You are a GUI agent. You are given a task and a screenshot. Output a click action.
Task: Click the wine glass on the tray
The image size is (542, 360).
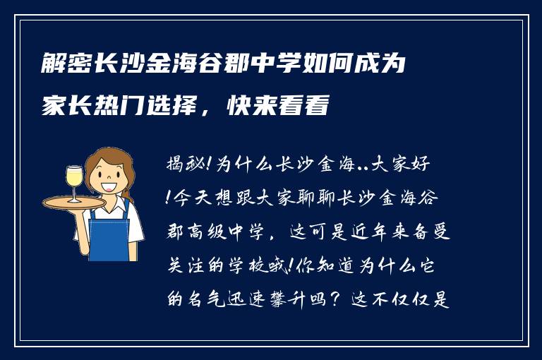tap(74, 181)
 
